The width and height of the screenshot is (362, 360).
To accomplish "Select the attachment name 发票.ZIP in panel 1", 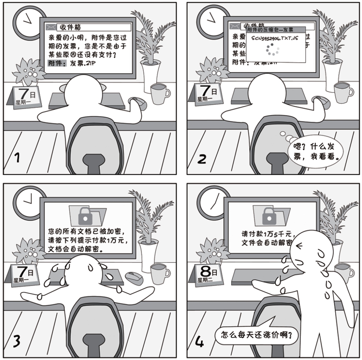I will pyautogui.click(x=84, y=63).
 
